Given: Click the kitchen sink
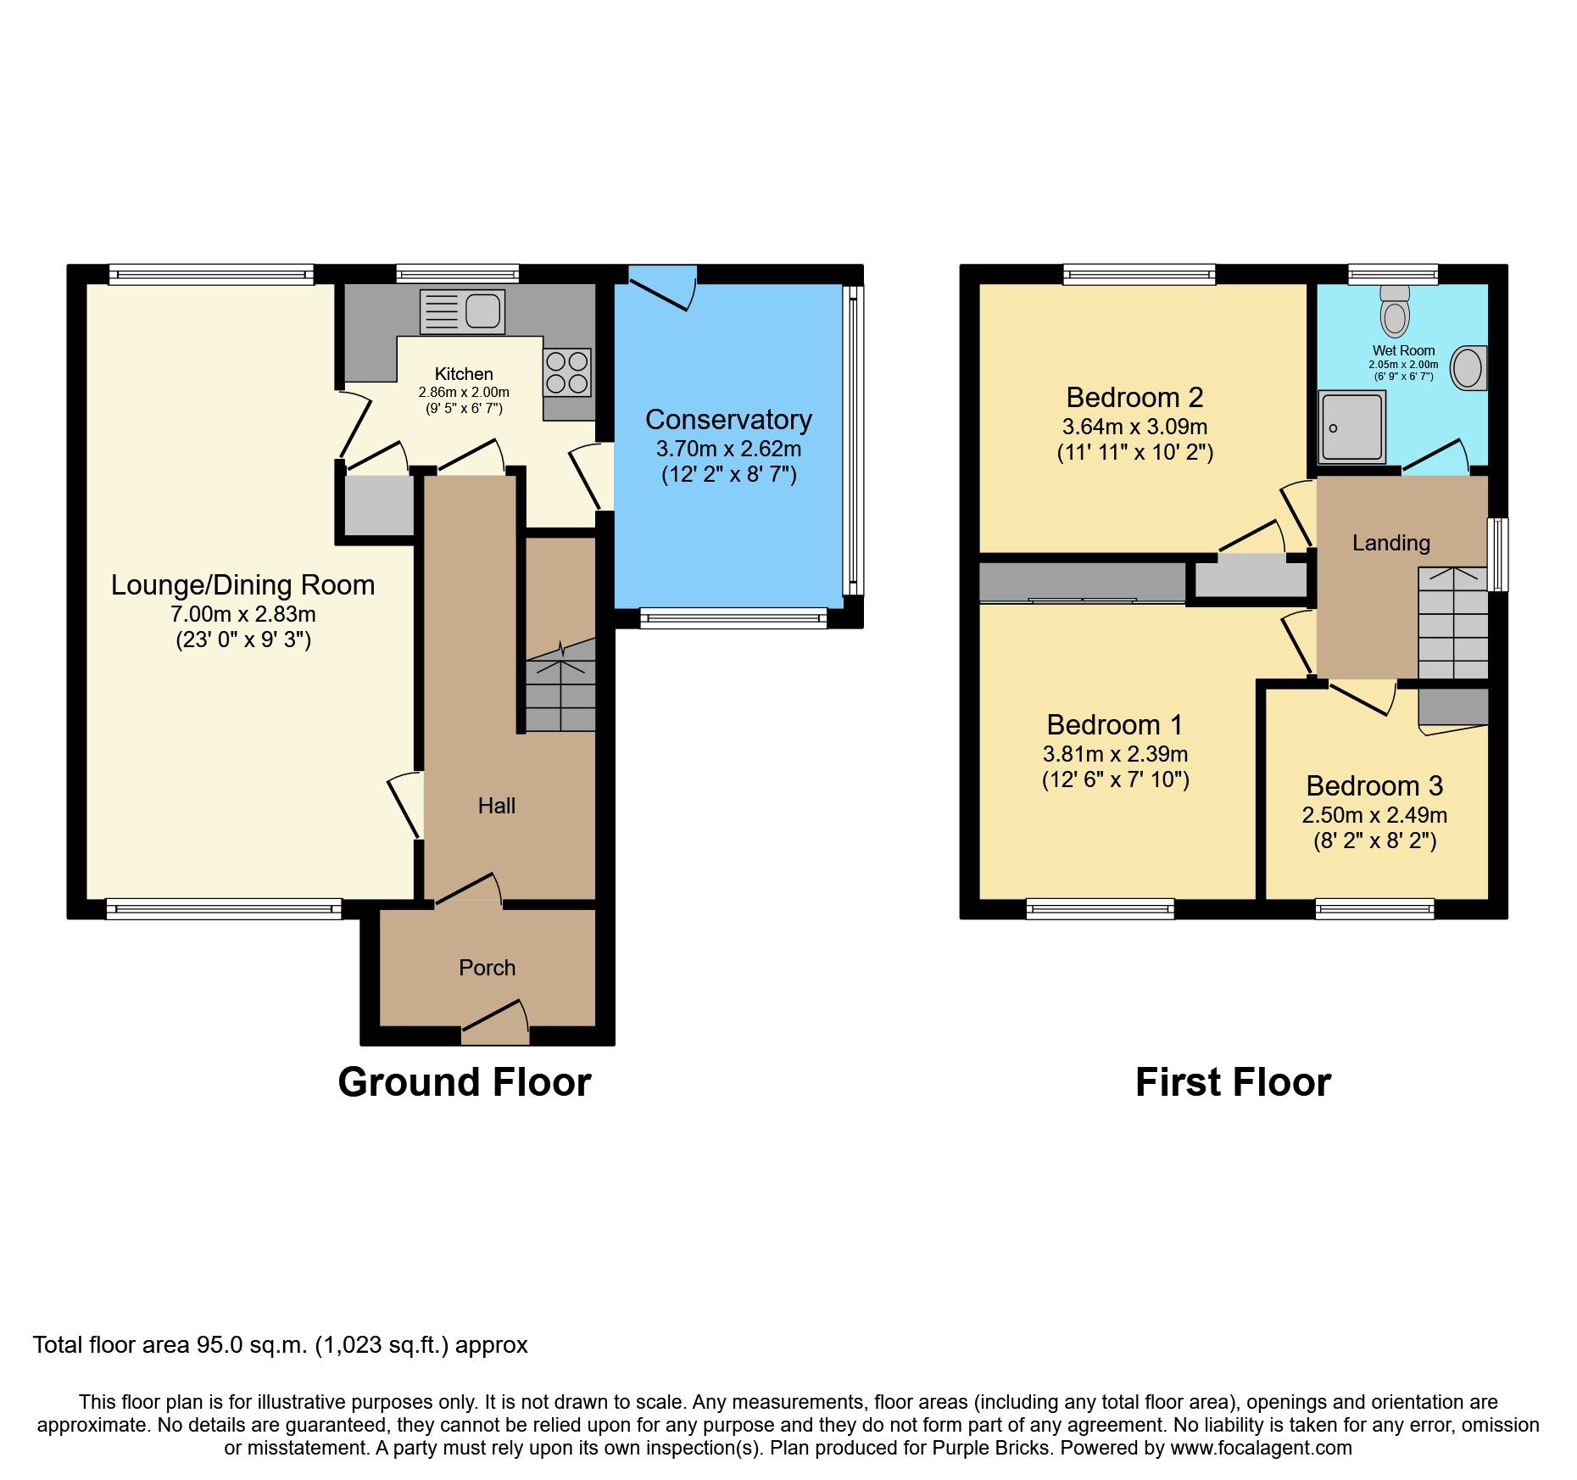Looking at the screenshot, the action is pos(462,311).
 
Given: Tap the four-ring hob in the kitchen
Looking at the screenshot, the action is pos(567,373).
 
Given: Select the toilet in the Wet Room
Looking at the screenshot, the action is pos(1395,311).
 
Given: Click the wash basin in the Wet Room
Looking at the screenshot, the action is pos(1468,368).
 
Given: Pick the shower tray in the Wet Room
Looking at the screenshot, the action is pos(1352,427).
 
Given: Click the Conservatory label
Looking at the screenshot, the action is pos(728,420).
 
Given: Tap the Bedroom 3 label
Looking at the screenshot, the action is pos(1374,786).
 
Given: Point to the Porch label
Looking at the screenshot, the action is pos(487,968).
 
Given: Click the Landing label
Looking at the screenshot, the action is pos(1390,543).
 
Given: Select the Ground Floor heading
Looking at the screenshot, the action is pos(465,1083).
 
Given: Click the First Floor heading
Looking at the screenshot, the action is pos(1233,1083).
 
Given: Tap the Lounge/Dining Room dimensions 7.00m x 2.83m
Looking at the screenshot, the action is pos(243,614).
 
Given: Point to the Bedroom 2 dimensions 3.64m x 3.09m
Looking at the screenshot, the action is pos(1134,427).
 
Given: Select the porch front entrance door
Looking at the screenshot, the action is pos(495,1022).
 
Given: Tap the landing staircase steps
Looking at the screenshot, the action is pos(1453,623).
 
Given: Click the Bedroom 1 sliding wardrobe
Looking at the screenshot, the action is pos(1082,583).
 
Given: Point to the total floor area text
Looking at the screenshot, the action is pos(281,1345).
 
